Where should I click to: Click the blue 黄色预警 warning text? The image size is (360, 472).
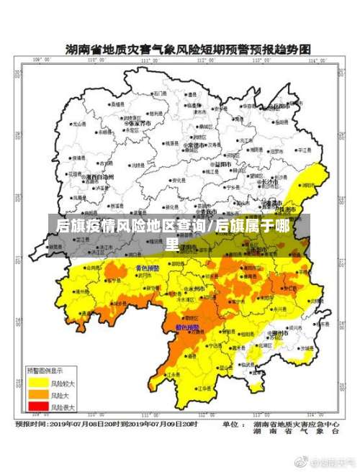148,268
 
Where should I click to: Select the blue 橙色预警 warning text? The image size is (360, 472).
188,327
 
